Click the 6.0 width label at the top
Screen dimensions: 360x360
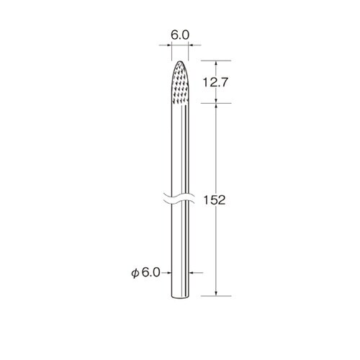(x=180, y=35)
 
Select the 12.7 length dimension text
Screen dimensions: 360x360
(x=215, y=82)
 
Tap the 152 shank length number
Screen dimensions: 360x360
(x=215, y=200)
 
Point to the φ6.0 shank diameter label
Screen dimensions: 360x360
(x=145, y=273)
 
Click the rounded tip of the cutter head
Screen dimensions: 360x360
(x=180, y=61)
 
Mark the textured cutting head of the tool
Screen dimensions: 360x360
(x=180, y=82)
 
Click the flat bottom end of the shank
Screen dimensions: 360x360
(x=180, y=297)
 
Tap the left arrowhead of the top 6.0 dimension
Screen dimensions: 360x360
(x=170, y=45)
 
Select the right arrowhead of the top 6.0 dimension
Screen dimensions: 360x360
(x=190, y=45)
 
